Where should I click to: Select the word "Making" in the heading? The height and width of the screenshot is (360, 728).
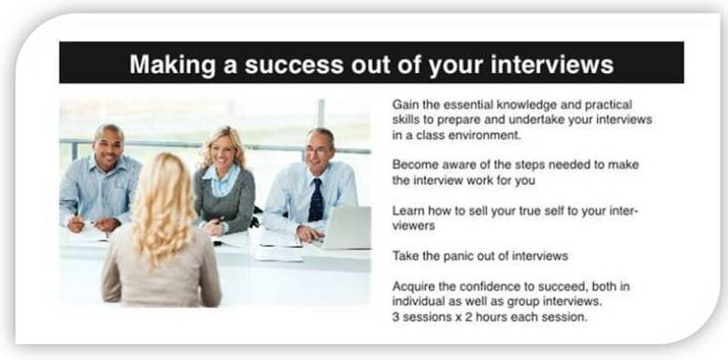165,64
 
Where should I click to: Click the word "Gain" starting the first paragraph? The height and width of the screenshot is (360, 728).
406,104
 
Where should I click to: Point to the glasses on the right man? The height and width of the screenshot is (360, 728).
318,149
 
